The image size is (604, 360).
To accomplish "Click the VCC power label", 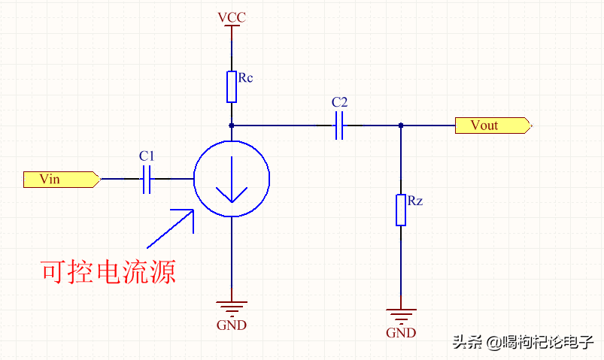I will point(231,17).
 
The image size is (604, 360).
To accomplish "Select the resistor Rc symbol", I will point(232,86).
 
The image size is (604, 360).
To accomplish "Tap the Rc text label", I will point(245,77).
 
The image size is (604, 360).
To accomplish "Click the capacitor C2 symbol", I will point(339,126).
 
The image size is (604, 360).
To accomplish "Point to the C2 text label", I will point(339,102).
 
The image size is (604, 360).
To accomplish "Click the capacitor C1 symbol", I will point(147,179).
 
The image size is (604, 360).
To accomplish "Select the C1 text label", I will point(147,156).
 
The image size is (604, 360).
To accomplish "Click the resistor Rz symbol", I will point(401,210).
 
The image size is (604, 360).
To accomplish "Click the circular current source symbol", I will point(232,179).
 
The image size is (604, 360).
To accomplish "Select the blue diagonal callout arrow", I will point(170,228).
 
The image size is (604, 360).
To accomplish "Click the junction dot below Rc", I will point(232,126).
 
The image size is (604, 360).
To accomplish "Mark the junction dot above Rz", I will point(401,126).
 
